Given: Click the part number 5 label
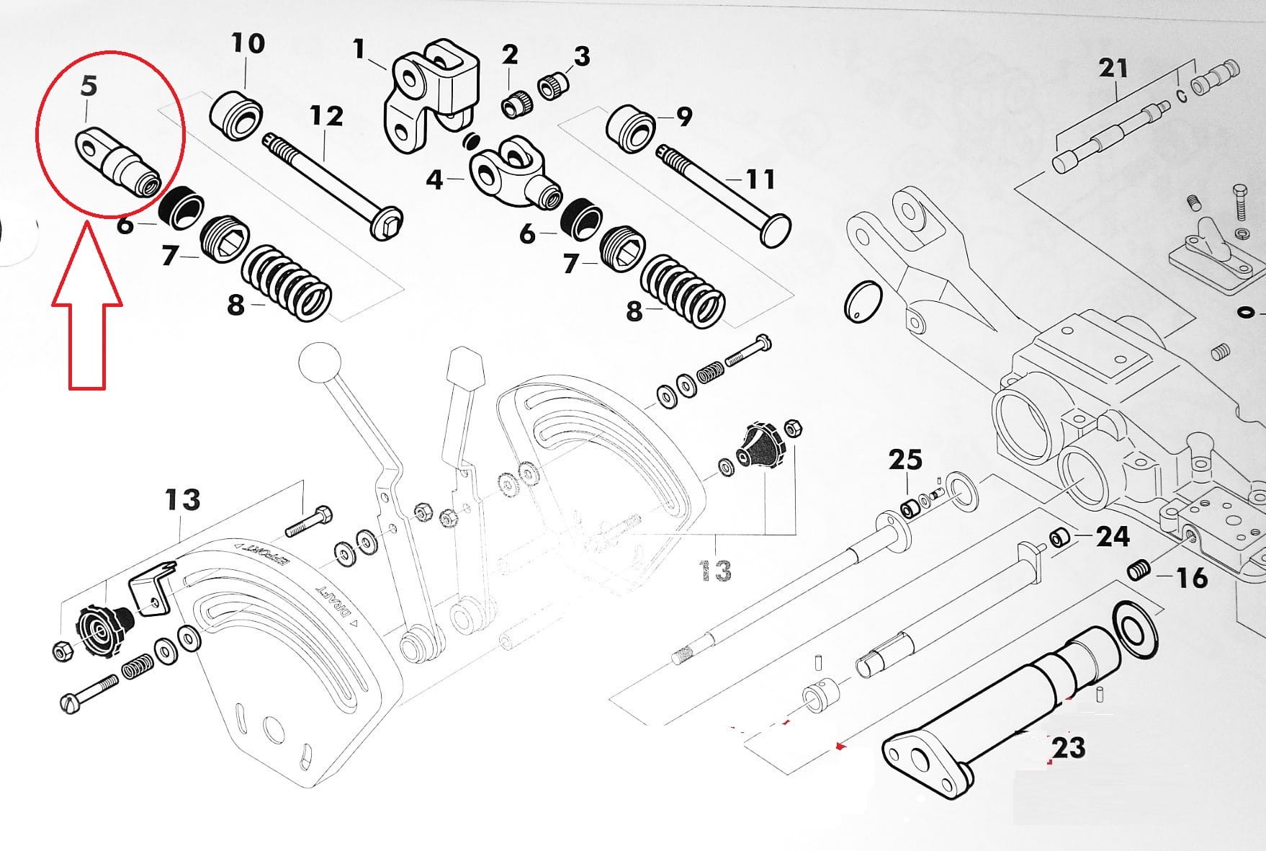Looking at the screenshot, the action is (x=88, y=86).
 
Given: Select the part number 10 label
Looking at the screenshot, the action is (x=248, y=43).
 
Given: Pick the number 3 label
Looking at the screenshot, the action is (x=580, y=55).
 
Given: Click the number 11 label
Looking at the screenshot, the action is (x=760, y=178).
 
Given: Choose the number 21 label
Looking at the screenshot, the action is (x=1113, y=68).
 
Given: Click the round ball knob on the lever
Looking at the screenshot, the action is (x=320, y=364).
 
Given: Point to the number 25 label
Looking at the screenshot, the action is (x=905, y=459).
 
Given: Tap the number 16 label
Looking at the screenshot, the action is (x=1191, y=577).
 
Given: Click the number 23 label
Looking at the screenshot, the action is (x=1068, y=747).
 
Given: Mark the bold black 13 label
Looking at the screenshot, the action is (x=182, y=499).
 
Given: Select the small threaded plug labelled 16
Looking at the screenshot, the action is (x=1137, y=571).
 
